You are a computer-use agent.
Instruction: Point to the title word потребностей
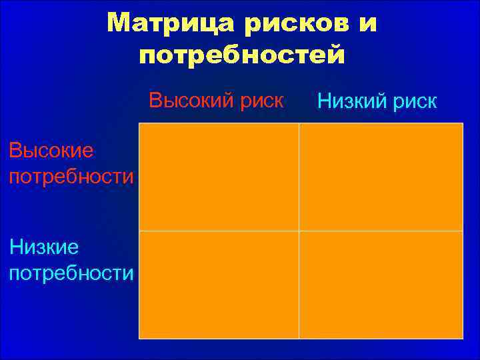(242, 55)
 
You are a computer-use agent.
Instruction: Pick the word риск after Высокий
(259, 101)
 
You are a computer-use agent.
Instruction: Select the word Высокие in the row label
(51, 151)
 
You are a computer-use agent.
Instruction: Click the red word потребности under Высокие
(71, 177)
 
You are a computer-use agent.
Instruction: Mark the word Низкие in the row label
(44, 247)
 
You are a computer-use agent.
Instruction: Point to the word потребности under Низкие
(71, 273)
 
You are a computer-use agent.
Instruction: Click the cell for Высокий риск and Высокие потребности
(219, 177)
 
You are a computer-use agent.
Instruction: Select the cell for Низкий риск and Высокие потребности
(381, 177)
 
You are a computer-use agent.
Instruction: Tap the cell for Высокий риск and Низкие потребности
(219, 285)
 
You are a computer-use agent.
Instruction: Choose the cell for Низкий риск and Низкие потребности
(381, 285)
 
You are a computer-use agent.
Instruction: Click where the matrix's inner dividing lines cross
(299, 231)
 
